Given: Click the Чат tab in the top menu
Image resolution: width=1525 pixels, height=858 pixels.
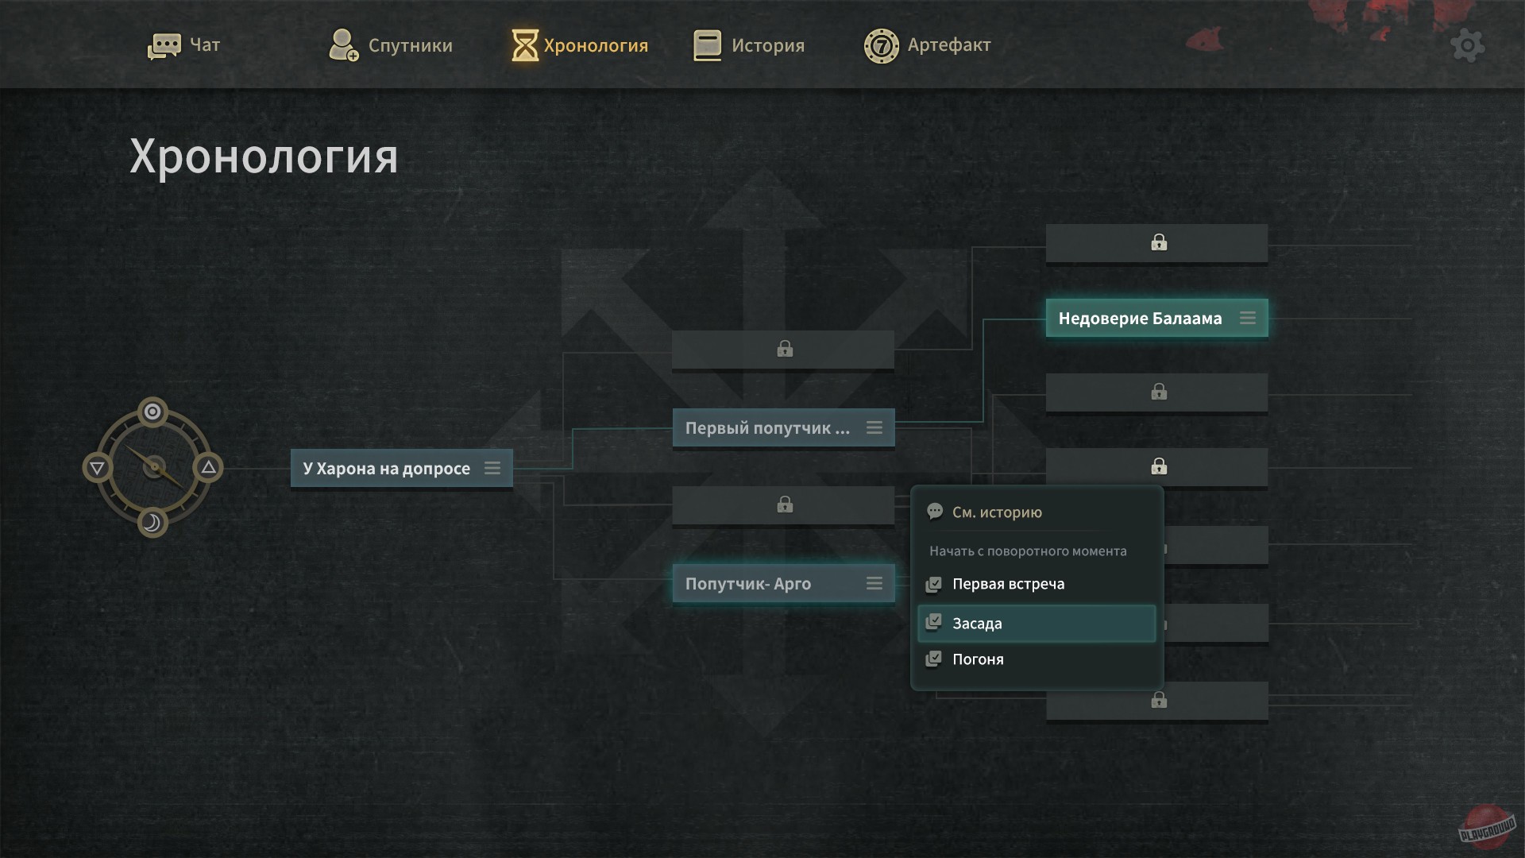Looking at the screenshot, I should [x=184, y=45].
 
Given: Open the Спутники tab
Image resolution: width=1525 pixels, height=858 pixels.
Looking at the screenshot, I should [x=391, y=45].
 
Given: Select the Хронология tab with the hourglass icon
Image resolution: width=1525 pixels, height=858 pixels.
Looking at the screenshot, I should [x=580, y=45].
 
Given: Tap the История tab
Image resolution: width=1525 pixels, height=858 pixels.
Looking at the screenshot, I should [x=749, y=45].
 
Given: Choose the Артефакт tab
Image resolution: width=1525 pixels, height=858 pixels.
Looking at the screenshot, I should [x=928, y=45].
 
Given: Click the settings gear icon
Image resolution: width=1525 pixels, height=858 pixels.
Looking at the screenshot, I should [x=1467, y=46].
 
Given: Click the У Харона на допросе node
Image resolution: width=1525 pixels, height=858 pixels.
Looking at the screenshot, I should [x=387, y=469].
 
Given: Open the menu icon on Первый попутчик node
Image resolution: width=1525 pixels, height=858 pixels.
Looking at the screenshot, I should [x=874, y=428].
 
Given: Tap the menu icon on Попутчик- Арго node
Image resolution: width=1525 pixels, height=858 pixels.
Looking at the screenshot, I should [x=874, y=584].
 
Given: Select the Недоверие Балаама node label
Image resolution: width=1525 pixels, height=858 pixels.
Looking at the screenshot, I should [x=1140, y=319].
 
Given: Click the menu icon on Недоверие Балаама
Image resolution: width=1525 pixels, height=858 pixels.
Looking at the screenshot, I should [x=1248, y=319].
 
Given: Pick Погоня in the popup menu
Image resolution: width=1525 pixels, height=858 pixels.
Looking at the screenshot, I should [x=978, y=659].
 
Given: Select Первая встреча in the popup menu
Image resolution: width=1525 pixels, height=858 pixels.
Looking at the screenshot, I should [x=1008, y=584].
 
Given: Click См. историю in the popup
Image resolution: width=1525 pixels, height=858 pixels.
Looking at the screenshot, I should [x=997, y=512].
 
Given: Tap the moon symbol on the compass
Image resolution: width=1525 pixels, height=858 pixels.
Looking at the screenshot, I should [x=152, y=523].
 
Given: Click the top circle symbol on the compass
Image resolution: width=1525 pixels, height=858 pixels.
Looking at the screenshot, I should [x=152, y=412].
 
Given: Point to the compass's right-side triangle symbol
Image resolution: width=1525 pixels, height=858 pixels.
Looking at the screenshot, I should [x=208, y=467].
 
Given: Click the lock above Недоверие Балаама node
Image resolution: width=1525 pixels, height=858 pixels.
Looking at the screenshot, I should [x=1159, y=242].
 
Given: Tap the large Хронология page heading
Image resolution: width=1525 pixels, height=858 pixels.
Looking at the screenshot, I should [x=264, y=157].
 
